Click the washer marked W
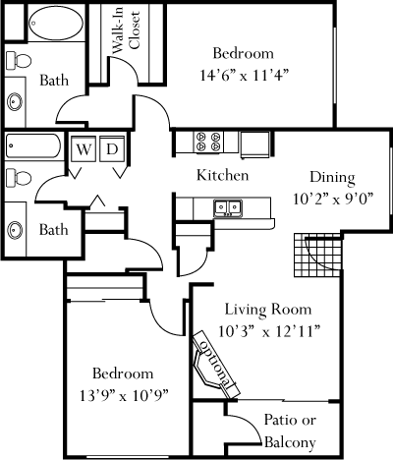coord(84,149)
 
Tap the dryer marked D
coord(112,149)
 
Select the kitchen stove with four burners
coord(207,142)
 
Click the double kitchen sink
coord(228,207)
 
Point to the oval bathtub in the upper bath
coord(55,23)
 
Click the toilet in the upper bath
coord(19,60)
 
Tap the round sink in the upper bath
coord(15,101)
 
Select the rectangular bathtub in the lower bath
coord(33,145)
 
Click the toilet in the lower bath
coord(19,178)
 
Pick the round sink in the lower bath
coord(15,229)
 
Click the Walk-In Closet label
coord(126,31)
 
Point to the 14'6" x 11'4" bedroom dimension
coord(245,76)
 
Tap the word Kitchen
coord(222,175)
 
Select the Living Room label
coord(268,310)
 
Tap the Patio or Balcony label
coord(290,431)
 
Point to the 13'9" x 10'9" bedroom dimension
coord(124,396)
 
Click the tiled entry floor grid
coord(317,255)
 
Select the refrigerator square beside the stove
coord(255,144)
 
